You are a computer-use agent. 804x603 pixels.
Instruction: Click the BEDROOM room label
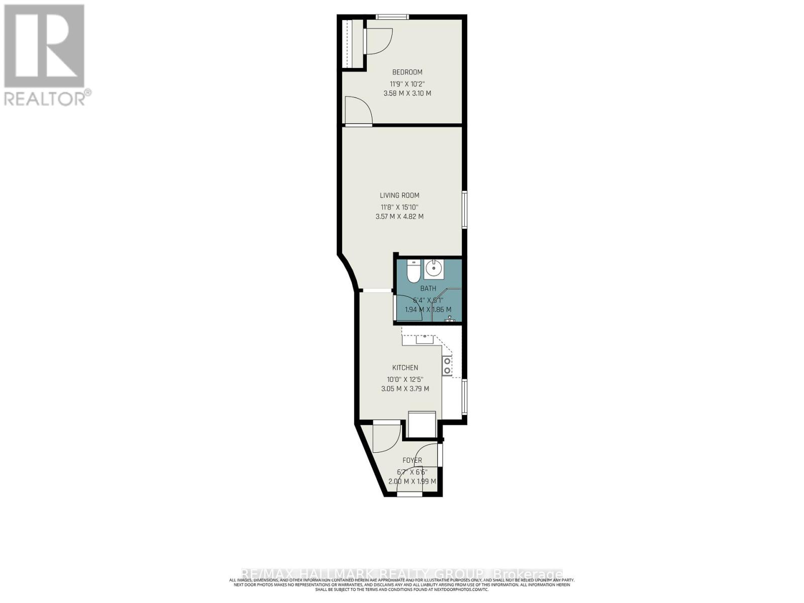(407, 72)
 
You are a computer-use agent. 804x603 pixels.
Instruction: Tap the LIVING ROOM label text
(399, 195)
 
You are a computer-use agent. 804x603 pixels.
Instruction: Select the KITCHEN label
(405, 368)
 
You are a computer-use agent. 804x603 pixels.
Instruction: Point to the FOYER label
(412, 460)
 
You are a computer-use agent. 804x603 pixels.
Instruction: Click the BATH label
(428, 288)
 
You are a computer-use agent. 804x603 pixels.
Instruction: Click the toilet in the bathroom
(413, 272)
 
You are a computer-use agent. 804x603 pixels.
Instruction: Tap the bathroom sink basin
(434, 269)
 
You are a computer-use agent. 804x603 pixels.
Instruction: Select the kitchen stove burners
(447, 365)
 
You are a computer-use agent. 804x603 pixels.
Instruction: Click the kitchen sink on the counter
(425, 339)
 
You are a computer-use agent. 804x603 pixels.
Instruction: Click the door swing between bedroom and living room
(358, 111)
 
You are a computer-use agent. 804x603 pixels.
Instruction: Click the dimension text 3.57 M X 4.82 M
(399, 217)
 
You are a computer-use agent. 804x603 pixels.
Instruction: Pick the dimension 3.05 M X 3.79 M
(405, 388)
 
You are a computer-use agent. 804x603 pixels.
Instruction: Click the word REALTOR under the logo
(45, 98)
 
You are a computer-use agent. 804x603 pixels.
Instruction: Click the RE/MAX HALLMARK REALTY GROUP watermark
(402, 574)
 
